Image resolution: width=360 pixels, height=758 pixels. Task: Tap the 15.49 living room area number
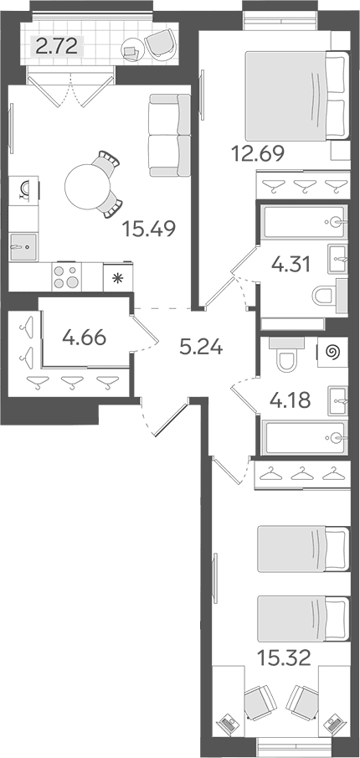point(148,228)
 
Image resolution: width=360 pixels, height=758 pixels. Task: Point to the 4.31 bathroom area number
point(291,265)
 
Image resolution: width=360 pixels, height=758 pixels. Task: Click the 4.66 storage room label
point(84,337)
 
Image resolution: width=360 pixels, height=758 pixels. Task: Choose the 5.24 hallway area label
point(201,346)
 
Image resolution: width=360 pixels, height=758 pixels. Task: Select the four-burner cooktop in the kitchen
point(67,276)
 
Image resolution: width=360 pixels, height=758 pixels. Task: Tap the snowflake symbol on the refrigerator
point(116,277)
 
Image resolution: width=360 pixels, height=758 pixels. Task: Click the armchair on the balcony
point(162,43)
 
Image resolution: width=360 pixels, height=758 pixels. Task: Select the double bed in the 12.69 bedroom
point(296,95)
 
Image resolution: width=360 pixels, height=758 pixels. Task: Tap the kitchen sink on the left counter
point(23,247)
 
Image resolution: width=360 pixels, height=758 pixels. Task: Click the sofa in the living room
point(170,136)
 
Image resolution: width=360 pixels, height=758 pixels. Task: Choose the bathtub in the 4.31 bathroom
point(304,222)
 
